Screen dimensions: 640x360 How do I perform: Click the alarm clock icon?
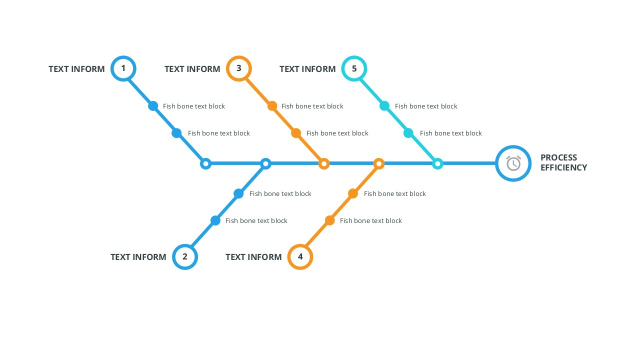pyautogui.click(x=513, y=163)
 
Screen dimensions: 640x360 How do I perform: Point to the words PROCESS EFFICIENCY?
pyautogui.click(x=563, y=162)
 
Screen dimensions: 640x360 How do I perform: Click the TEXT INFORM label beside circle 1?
pyautogui.click(x=76, y=69)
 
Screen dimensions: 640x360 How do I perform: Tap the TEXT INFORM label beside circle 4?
pyautogui.click(x=253, y=257)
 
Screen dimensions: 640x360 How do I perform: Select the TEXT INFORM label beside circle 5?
pyautogui.click(x=307, y=69)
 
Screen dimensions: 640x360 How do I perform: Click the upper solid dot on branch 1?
pyautogui.click(x=153, y=106)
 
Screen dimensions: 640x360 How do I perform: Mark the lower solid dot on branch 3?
pyautogui.click(x=296, y=133)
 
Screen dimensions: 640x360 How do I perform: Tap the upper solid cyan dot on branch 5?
pyautogui.click(x=384, y=106)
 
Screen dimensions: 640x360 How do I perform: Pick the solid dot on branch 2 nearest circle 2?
pyautogui.click(x=215, y=220)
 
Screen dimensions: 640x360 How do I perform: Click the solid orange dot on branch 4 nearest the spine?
pyautogui.click(x=353, y=193)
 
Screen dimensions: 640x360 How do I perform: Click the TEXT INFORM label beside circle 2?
pyautogui.click(x=138, y=257)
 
